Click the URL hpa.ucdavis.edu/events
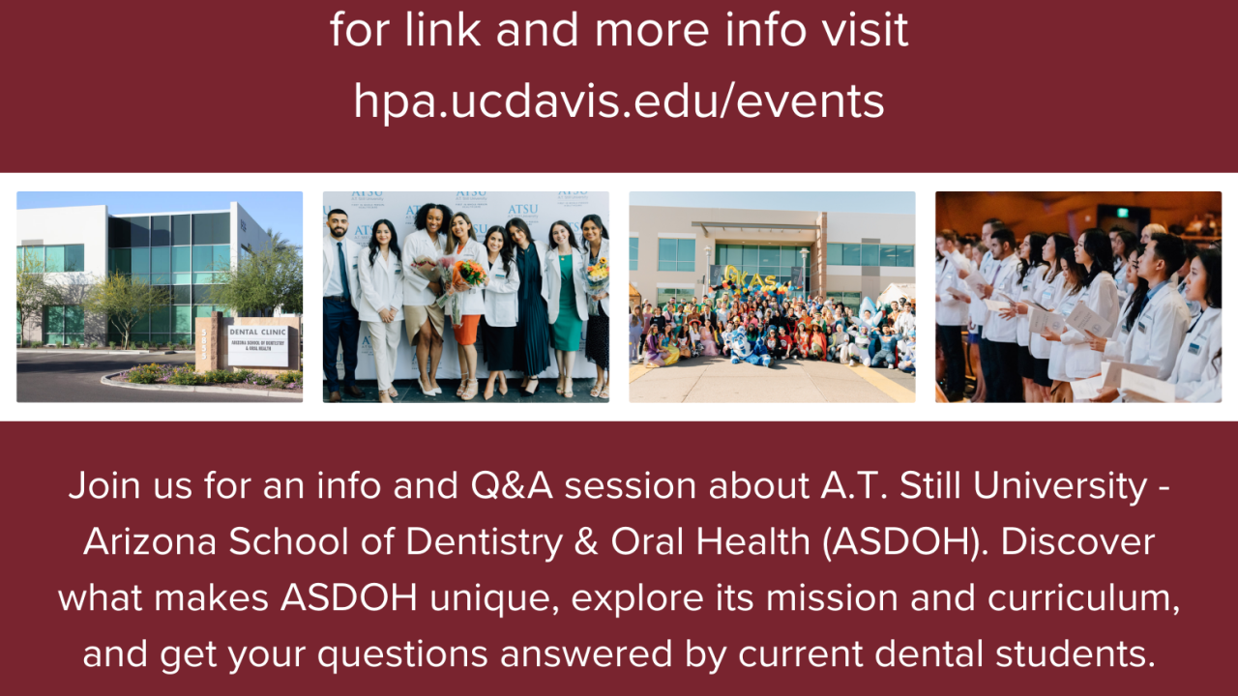click(x=619, y=101)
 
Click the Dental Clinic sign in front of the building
click(x=257, y=344)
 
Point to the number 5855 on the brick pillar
click(x=203, y=343)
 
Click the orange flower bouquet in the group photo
click(x=468, y=274)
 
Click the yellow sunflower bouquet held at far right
click(x=598, y=272)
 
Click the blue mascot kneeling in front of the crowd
click(x=750, y=345)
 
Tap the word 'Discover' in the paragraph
click(x=1077, y=541)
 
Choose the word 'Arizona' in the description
click(x=149, y=541)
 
